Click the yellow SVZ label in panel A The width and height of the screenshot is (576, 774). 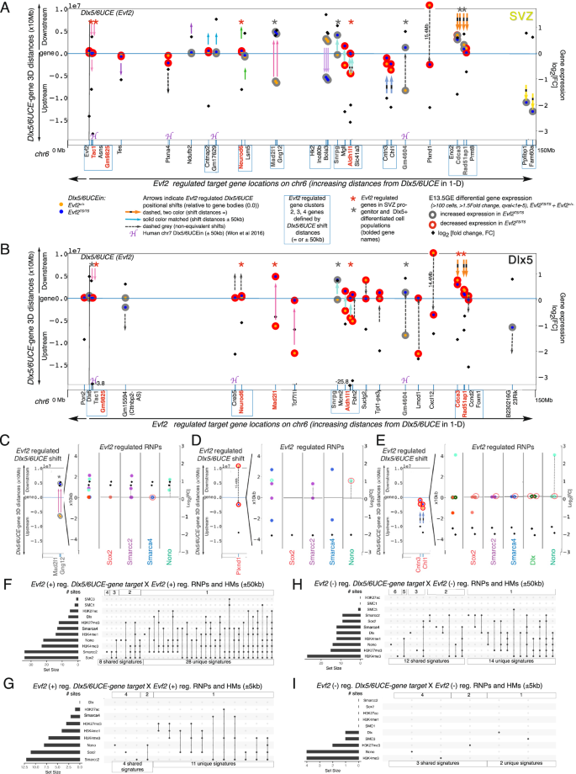point(534,16)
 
